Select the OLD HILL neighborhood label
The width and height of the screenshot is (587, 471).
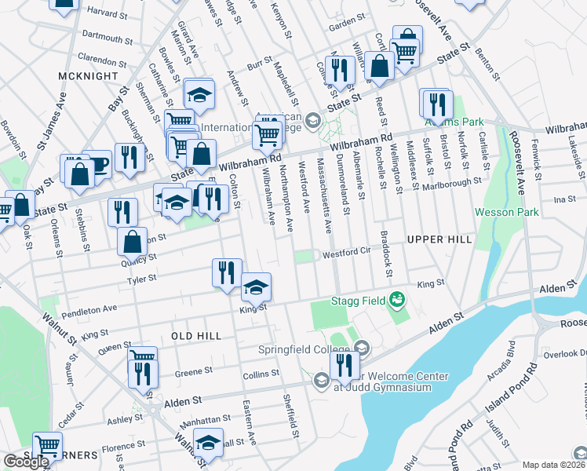pos(196,335)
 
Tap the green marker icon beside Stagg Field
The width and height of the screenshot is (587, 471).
pos(397,298)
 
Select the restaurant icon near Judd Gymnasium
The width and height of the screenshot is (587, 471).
pos(344,364)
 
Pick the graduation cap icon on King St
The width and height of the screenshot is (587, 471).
pos(256,287)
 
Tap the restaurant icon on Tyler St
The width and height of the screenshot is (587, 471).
pos(226,273)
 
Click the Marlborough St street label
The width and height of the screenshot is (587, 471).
pos(450,183)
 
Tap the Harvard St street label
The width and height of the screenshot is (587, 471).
pos(108,13)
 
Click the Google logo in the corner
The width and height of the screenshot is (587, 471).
pos(26,462)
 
